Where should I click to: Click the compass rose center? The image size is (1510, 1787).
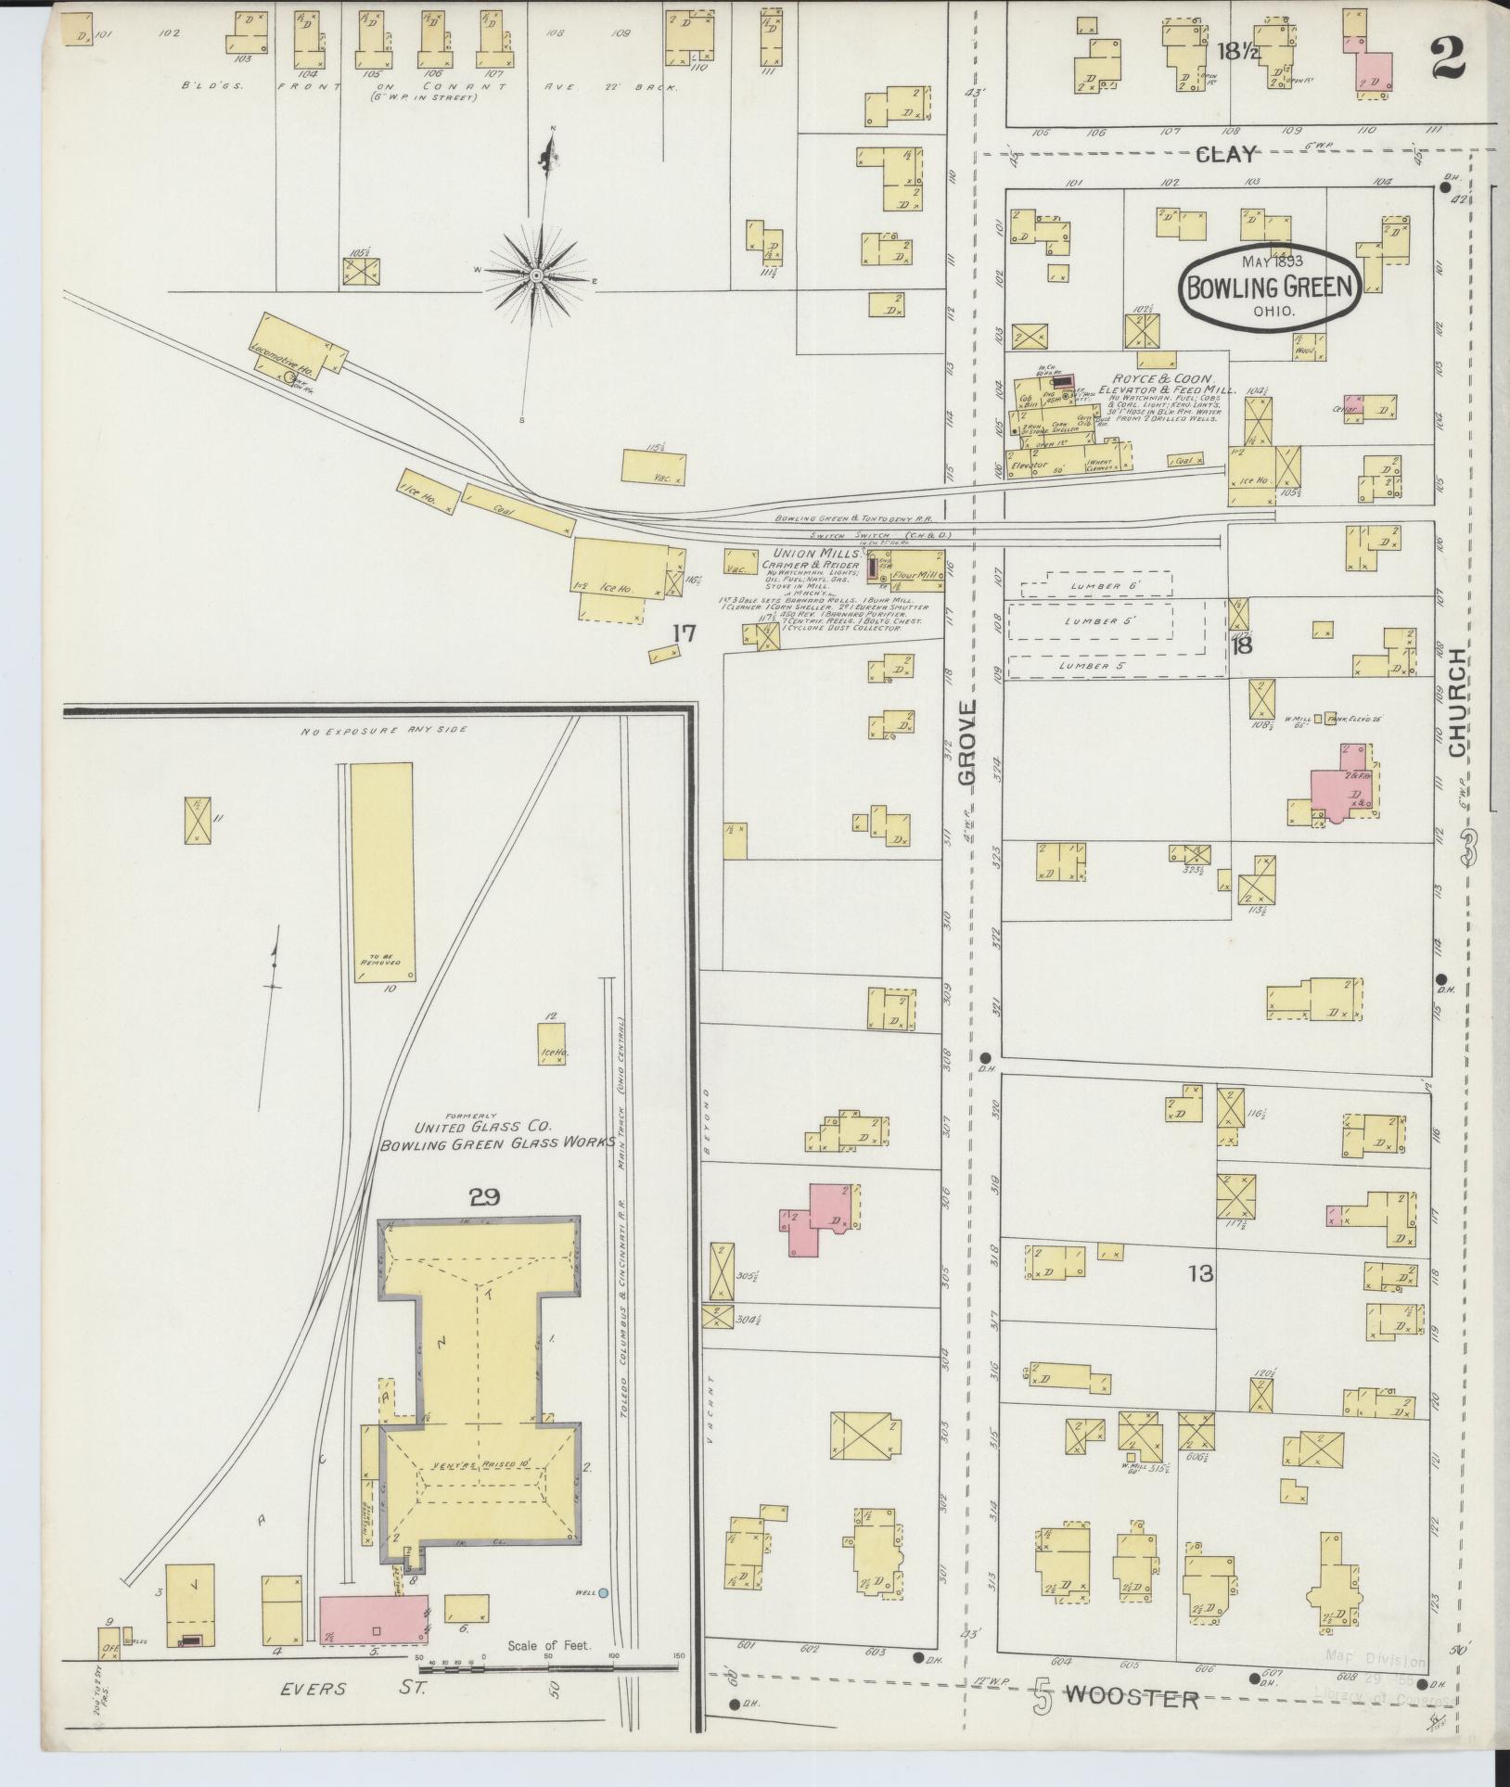[537, 276]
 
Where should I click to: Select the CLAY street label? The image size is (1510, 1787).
[1226, 154]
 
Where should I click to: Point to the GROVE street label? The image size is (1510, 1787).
[969, 745]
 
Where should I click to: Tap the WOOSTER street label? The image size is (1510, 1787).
[1132, 1699]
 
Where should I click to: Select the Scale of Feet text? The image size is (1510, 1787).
[548, 1647]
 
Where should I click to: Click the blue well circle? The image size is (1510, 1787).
[604, 1593]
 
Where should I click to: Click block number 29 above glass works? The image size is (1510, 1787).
[484, 1197]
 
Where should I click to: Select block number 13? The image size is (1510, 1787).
[1200, 1273]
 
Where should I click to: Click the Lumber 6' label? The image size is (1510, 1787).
[1095, 586]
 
